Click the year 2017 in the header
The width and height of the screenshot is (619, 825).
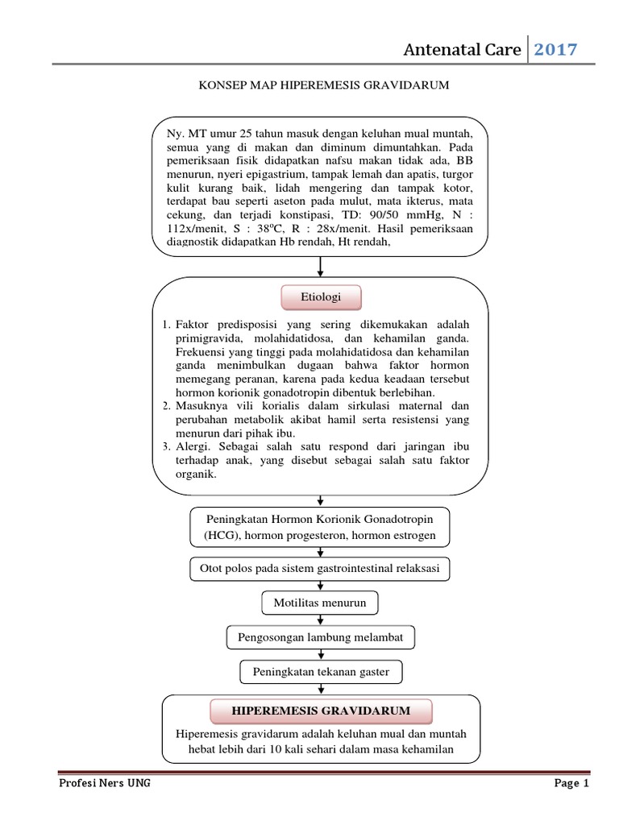click(556, 50)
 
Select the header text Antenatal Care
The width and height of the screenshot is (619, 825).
click(462, 50)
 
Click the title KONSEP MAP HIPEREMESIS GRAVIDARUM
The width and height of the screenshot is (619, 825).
click(322, 84)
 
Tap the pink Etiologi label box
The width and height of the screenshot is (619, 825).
click(320, 297)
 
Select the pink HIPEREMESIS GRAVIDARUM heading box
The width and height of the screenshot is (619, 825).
click(321, 711)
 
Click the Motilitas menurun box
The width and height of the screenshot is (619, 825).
click(320, 603)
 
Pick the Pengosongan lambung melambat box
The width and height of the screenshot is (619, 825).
click(321, 638)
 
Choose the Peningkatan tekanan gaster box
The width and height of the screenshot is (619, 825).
click(321, 672)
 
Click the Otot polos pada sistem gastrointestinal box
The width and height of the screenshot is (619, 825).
click(320, 568)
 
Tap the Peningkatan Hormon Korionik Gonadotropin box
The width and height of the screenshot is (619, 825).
click(320, 527)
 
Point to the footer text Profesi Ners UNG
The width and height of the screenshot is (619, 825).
click(104, 782)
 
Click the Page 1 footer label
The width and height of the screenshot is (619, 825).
click(571, 782)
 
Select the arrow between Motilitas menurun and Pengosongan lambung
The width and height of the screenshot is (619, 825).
click(321, 620)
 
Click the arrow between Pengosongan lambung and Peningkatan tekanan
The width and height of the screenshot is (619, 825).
click(321, 655)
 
